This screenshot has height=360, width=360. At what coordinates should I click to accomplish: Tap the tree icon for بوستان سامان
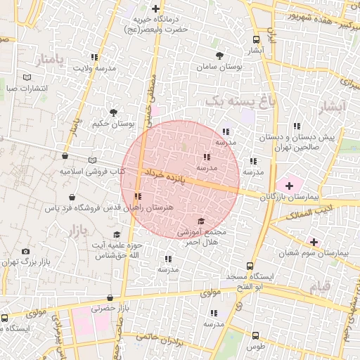220,55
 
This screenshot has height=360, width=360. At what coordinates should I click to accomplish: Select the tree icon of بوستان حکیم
113,112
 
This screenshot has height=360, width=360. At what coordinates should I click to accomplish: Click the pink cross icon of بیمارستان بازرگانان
288,185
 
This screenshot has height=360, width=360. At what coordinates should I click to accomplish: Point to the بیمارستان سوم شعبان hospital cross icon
313,242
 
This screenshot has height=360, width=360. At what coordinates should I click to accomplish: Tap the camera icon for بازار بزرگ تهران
26,251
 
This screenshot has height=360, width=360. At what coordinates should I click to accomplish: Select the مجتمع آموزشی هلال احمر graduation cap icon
200,221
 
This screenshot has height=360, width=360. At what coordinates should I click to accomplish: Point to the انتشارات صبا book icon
27,77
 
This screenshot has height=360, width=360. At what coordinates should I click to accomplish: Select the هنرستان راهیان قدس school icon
138,197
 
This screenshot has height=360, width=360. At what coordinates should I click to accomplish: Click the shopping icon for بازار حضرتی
110,298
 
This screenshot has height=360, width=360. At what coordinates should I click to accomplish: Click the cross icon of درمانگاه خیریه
155,8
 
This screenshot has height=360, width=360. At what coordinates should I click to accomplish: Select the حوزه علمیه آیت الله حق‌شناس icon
117,235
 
